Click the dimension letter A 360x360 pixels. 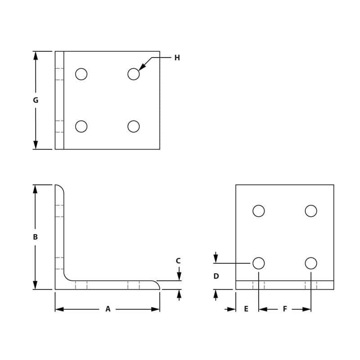coord(108,309)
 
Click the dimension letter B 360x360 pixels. coord(36,237)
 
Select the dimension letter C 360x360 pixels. coord(178,261)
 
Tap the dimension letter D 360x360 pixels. coord(216,276)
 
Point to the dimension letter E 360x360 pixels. coord(246,309)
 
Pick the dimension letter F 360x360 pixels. coord(285,309)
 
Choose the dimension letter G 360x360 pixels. coord(36,100)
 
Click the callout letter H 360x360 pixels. coord(177,58)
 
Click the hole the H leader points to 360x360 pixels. coord(134,74)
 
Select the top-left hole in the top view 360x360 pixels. coord(81,74)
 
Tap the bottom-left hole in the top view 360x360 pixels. coord(81,126)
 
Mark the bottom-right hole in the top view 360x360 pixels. coord(134,126)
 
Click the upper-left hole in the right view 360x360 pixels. coord(259,211)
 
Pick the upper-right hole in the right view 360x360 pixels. coord(311,211)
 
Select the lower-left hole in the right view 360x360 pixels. coord(259,263)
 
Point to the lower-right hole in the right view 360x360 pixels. coord(311,263)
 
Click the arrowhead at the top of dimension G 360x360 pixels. coord(36,55)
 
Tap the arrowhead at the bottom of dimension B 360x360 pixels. coord(36,286)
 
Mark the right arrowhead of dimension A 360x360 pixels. coord(156,309)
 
